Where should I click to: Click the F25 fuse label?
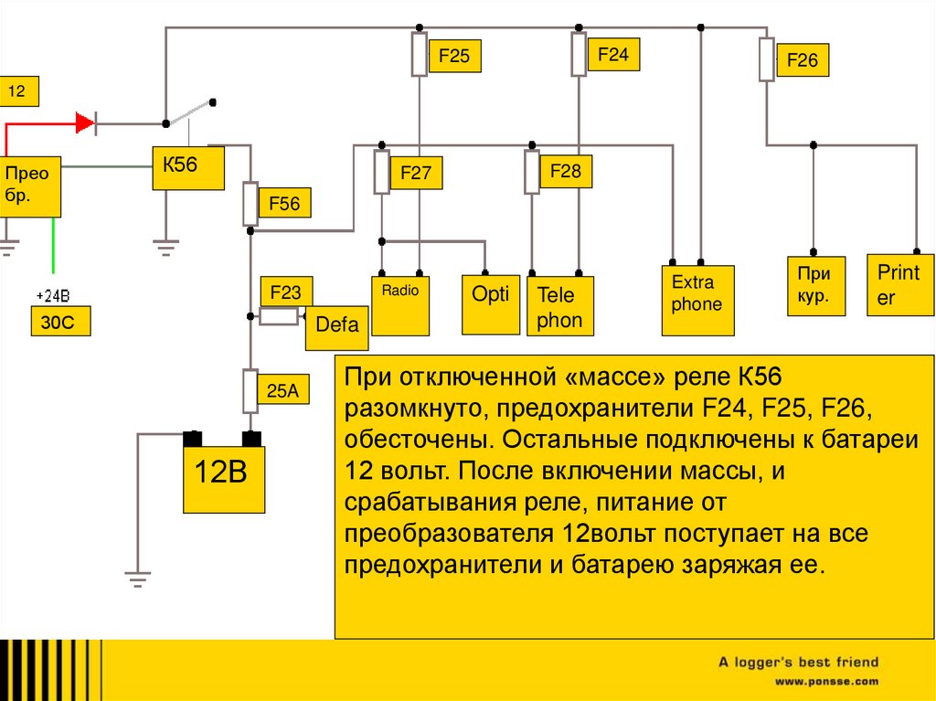click(453, 57)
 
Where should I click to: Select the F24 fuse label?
click(612, 55)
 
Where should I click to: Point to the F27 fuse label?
click(415, 173)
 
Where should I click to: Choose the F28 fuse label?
click(565, 171)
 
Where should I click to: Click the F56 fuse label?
click(283, 204)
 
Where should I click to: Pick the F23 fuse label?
click(285, 292)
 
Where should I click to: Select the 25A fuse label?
click(283, 390)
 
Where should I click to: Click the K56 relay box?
click(187, 167)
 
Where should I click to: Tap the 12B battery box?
click(223, 478)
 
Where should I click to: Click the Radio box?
click(400, 304)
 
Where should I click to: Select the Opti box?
click(491, 304)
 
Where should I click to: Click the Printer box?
click(899, 284)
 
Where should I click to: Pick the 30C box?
click(58, 322)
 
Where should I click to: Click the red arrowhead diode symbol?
click(86, 122)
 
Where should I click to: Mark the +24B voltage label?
click(52, 295)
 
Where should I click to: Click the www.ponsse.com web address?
click(826, 682)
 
